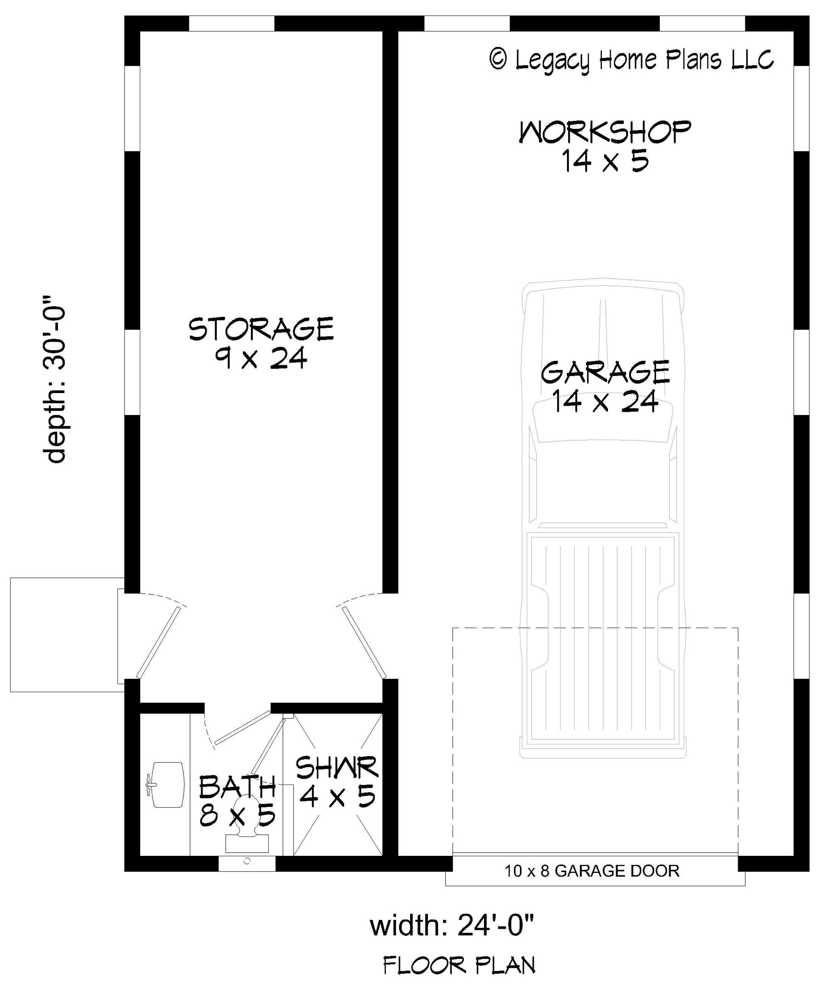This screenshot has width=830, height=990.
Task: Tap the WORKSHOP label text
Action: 605,133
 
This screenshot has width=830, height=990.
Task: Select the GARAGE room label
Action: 605,372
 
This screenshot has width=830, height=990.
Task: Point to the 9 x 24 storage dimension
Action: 261,358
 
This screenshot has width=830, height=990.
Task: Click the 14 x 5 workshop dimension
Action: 605,161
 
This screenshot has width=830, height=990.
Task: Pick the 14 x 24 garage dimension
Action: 605,402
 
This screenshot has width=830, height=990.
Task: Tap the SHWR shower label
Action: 337,768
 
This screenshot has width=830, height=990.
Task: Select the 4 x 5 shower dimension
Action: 337,796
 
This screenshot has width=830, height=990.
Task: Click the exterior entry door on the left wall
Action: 158,641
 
